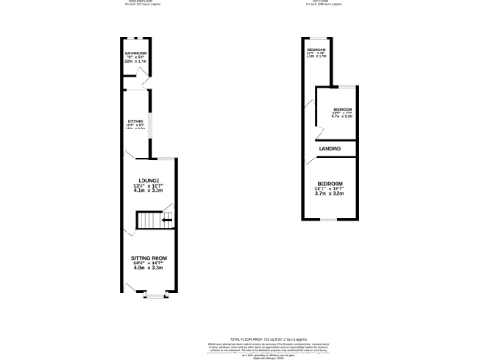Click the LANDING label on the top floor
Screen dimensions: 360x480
click(329, 149)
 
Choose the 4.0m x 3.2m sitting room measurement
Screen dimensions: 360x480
click(149, 269)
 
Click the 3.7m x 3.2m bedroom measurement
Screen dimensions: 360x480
click(329, 194)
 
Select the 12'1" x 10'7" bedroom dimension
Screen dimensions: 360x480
click(329, 188)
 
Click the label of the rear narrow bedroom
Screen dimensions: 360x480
click(316, 49)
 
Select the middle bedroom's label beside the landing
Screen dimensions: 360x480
click(341, 110)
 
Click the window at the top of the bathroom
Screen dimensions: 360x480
click(137, 37)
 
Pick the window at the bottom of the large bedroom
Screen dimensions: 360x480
click(329, 217)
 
